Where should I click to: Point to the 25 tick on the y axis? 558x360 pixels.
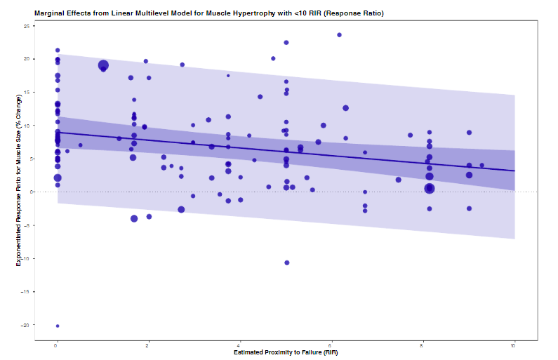tap(27, 26)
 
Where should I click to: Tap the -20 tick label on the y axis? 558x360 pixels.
tap(26, 325)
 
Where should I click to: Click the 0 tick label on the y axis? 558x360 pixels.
tap(28, 192)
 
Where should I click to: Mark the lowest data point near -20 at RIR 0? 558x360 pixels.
tap(58, 326)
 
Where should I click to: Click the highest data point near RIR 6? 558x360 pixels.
tap(340, 34)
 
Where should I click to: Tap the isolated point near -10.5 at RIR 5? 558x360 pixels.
tap(287, 262)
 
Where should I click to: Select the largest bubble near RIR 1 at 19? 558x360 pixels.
tap(103, 65)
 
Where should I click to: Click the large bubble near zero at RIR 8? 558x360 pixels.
tap(430, 188)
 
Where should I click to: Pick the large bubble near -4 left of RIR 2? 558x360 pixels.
tap(134, 218)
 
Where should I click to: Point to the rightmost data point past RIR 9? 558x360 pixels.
tap(482, 166)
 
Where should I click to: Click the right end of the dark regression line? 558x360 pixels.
tap(514, 171)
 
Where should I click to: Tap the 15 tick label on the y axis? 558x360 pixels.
tap(27, 92)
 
